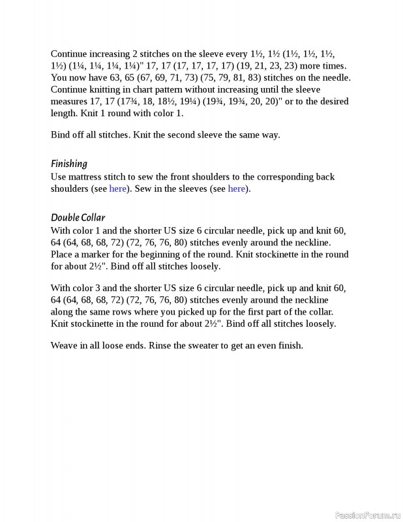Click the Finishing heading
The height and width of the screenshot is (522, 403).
(68, 164)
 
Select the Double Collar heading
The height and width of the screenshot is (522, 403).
(78, 217)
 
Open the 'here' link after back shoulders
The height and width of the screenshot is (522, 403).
(118, 189)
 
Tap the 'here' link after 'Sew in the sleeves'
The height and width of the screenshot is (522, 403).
(237, 189)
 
